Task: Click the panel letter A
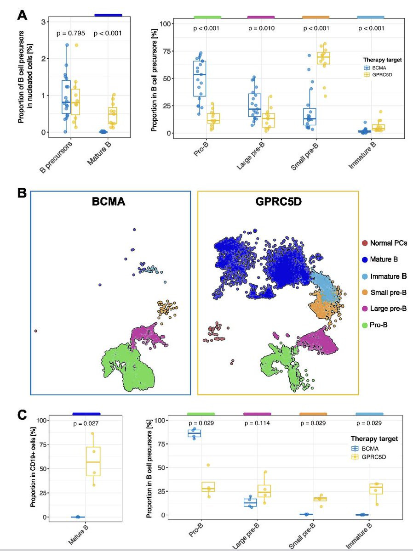click(x=22, y=15)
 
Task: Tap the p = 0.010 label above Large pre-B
click(x=260, y=28)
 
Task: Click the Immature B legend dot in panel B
click(x=365, y=276)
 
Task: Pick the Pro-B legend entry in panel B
click(x=379, y=325)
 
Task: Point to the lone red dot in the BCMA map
click(x=36, y=331)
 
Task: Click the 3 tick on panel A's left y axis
click(x=42, y=22)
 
